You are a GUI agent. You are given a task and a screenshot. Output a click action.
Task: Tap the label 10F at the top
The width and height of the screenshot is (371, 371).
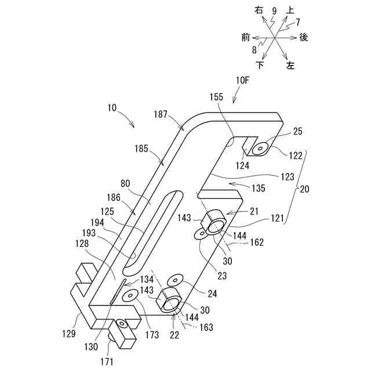click(x=243, y=81)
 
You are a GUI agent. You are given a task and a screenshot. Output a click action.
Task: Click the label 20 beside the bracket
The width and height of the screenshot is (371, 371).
click(x=304, y=188)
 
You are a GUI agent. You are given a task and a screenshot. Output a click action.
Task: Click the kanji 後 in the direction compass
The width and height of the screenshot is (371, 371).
click(x=303, y=37)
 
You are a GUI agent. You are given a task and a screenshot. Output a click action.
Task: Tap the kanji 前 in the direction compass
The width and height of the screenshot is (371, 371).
click(x=246, y=37)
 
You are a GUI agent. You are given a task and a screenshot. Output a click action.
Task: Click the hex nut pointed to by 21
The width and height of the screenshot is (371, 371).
click(x=216, y=221)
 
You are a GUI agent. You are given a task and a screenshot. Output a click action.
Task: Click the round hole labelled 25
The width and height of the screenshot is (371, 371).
click(x=260, y=149)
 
